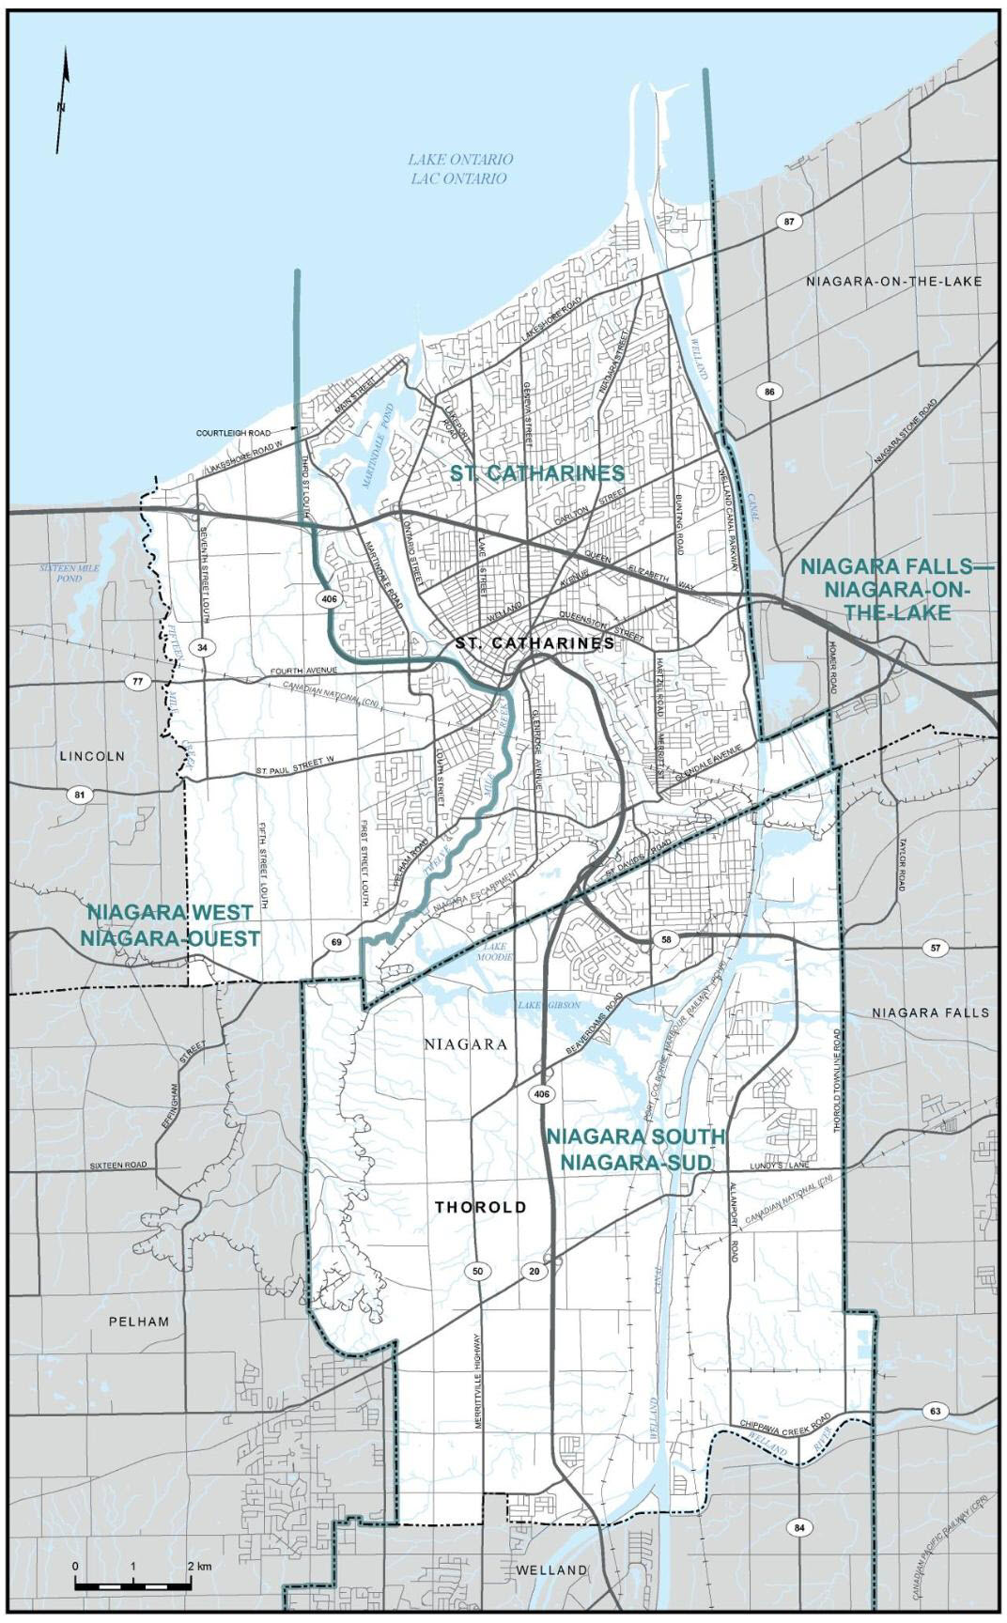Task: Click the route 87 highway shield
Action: (x=790, y=222)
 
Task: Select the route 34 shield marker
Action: (x=201, y=647)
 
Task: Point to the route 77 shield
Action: (x=138, y=682)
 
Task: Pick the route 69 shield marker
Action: (x=336, y=941)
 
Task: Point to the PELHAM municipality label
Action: (x=138, y=1322)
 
